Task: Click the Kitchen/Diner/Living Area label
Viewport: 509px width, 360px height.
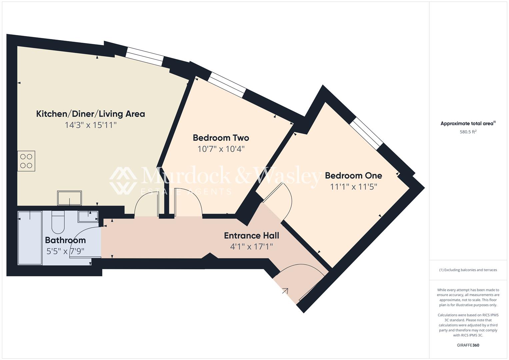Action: tap(90, 114)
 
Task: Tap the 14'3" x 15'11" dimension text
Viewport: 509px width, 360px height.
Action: tap(90, 125)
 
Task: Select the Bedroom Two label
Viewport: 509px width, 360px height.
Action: tap(221, 138)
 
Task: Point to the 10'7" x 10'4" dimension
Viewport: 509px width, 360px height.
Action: tap(221, 149)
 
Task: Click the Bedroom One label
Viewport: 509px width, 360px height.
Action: tap(353, 175)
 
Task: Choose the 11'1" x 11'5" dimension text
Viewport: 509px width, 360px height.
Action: tap(353, 187)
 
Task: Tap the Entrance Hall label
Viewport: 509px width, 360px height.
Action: tap(251, 236)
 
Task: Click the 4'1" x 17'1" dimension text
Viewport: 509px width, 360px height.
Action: tap(251, 247)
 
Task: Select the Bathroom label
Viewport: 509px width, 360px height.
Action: tap(65, 240)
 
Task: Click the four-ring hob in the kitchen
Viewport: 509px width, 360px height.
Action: tap(26, 161)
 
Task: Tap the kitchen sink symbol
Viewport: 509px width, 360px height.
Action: tap(69, 198)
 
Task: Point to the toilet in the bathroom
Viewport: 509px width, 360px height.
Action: tap(58, 222)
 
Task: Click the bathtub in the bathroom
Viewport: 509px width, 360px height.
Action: tap(30, 238)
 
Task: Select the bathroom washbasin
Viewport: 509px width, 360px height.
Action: tap(88, 216)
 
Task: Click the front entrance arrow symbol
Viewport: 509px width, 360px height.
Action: tap(285, 291)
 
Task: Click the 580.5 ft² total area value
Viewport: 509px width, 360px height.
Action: tap(468, 132)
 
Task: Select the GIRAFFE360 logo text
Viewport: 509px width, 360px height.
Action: tap(468, 345)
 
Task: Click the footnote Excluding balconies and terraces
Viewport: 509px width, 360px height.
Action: tap(468, 270)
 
